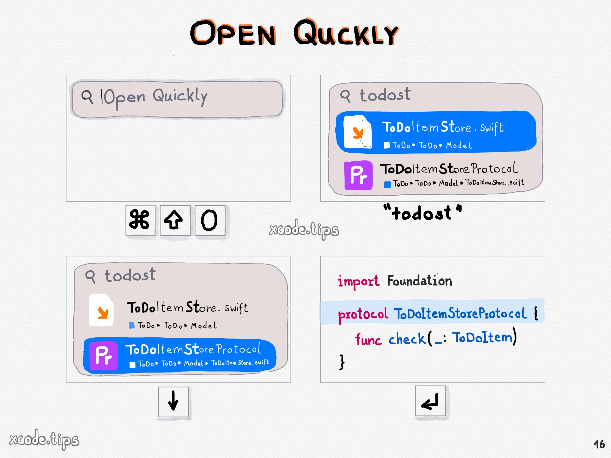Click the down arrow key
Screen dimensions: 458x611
coord(173,401)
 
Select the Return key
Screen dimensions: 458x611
coord(430,401)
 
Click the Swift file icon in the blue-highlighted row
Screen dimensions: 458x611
coord(357,132)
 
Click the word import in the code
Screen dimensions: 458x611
coord(358,281)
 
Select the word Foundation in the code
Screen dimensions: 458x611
coord(419,281)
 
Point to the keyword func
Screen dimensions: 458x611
coord(368,339)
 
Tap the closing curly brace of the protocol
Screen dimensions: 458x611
coord(342,362)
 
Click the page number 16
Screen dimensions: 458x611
coord(599,445)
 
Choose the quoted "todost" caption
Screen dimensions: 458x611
coord(422,213)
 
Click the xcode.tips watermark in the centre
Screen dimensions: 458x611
coord(304,229)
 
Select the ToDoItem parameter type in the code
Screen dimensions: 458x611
coord(483,337)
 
